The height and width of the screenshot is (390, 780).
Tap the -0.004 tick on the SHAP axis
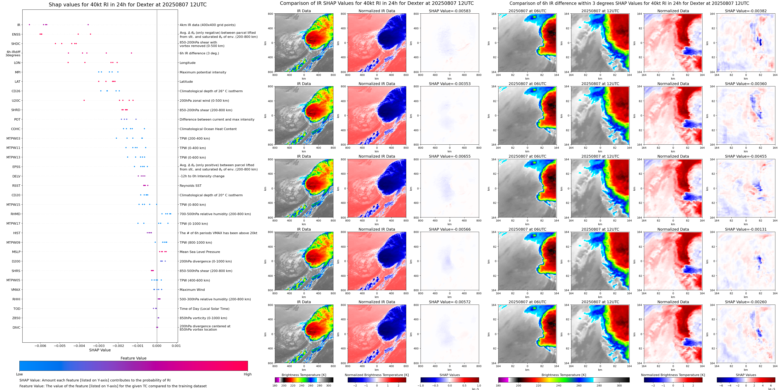79,346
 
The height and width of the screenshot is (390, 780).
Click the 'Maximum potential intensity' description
203,72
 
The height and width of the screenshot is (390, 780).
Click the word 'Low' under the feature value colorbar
19,374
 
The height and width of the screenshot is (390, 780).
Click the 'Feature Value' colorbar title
133,358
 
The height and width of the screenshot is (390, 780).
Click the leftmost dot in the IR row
29,24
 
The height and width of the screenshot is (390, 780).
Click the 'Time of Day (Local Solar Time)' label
204,309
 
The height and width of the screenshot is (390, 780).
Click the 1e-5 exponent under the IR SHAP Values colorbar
475,389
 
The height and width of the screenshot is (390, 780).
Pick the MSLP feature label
16,252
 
